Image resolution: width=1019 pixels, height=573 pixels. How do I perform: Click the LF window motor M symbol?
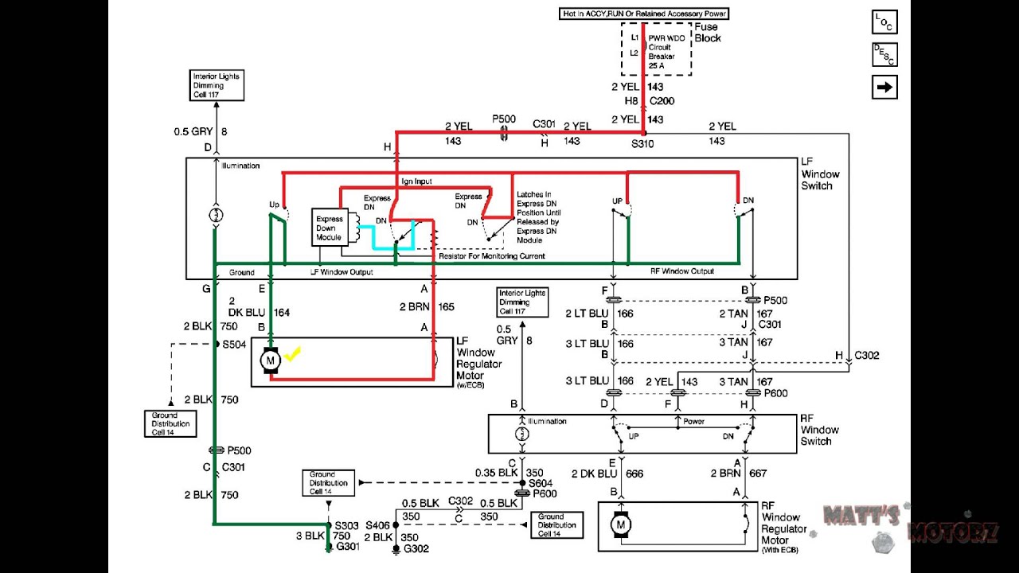(x=270, y=361)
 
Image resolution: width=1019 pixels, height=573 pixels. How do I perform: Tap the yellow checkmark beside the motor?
(x=292, y=354)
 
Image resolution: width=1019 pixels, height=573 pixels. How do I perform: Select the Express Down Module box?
(x=329, y=228)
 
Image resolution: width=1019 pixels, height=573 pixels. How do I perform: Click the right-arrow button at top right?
(x=884, y=87)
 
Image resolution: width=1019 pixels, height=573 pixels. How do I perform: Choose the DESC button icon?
(x=884, y=55)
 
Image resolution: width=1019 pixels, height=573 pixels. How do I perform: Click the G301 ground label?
(x=347, y=547)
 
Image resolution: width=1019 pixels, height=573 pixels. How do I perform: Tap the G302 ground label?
(x=417, y=549)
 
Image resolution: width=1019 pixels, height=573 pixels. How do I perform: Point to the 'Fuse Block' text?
(x=708, y=33)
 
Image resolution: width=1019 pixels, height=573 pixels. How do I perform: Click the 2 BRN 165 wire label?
(x=431, y=306)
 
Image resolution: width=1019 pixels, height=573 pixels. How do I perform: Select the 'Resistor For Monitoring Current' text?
(x=492, y=256)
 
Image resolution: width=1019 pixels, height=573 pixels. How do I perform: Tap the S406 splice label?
(x=378, y=526)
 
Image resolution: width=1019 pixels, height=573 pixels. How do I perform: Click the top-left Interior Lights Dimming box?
(x=216, y=85)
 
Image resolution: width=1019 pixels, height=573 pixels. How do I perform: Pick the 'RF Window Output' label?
(x=681, y=271)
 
